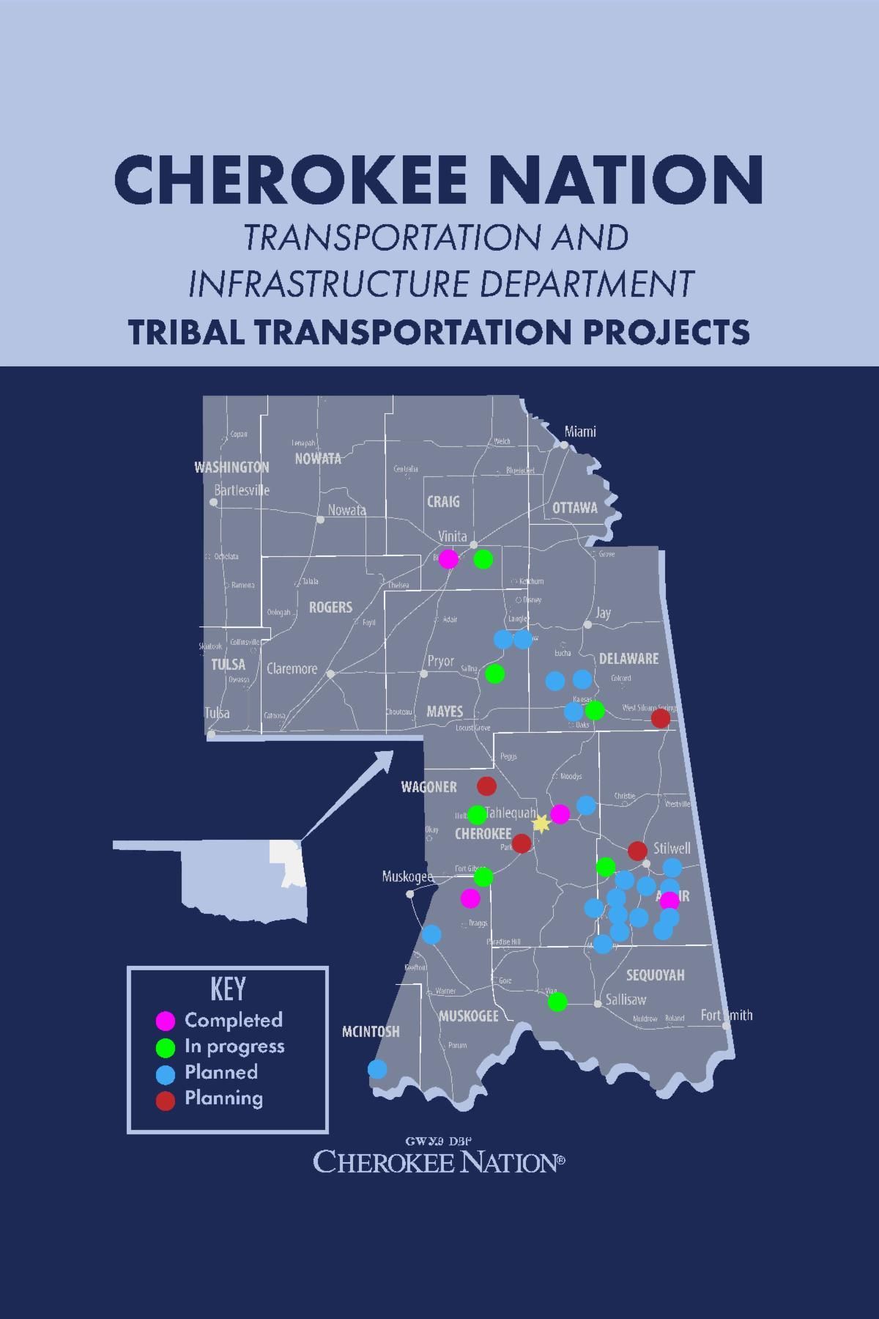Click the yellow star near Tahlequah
(541, 824)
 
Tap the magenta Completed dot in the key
(166, 1021)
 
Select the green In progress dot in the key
(166, 1047)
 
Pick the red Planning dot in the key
(166, 1100)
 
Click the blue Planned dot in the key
(166, 1074)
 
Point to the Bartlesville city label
(242, 490)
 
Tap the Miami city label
(580, 432)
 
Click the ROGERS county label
(330, 607)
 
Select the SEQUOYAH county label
(655, 975)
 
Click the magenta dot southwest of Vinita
(448, 559)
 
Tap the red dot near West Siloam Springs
(661, 718)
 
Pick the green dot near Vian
(557, 1002)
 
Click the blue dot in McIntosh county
(377, 1068)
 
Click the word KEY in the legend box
(228, 989)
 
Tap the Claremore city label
(292, 668)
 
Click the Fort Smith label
(726, 1015)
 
